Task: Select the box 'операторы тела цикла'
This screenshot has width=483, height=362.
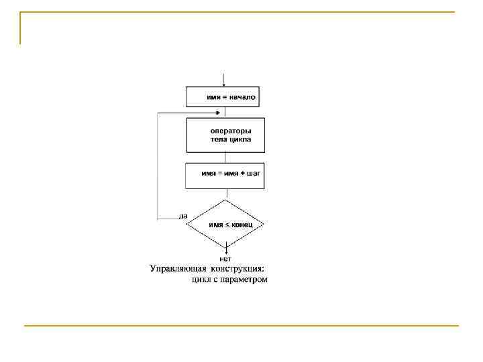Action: point(225,135)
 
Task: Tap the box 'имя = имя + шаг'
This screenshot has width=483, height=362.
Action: point(225,176)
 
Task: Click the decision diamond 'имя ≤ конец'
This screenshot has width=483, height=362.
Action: point(225,225)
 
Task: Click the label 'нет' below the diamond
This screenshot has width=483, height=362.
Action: point(225,258)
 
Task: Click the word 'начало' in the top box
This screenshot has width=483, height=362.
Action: point(242,97)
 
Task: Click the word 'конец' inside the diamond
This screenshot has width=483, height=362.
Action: point(242,225)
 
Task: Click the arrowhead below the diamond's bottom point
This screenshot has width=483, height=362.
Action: point(225,251)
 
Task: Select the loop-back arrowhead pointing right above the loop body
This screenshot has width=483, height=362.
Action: point(221,113)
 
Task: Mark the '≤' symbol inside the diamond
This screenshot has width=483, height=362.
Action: point(227,225)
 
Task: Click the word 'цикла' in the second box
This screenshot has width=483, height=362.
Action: point(239,140)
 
